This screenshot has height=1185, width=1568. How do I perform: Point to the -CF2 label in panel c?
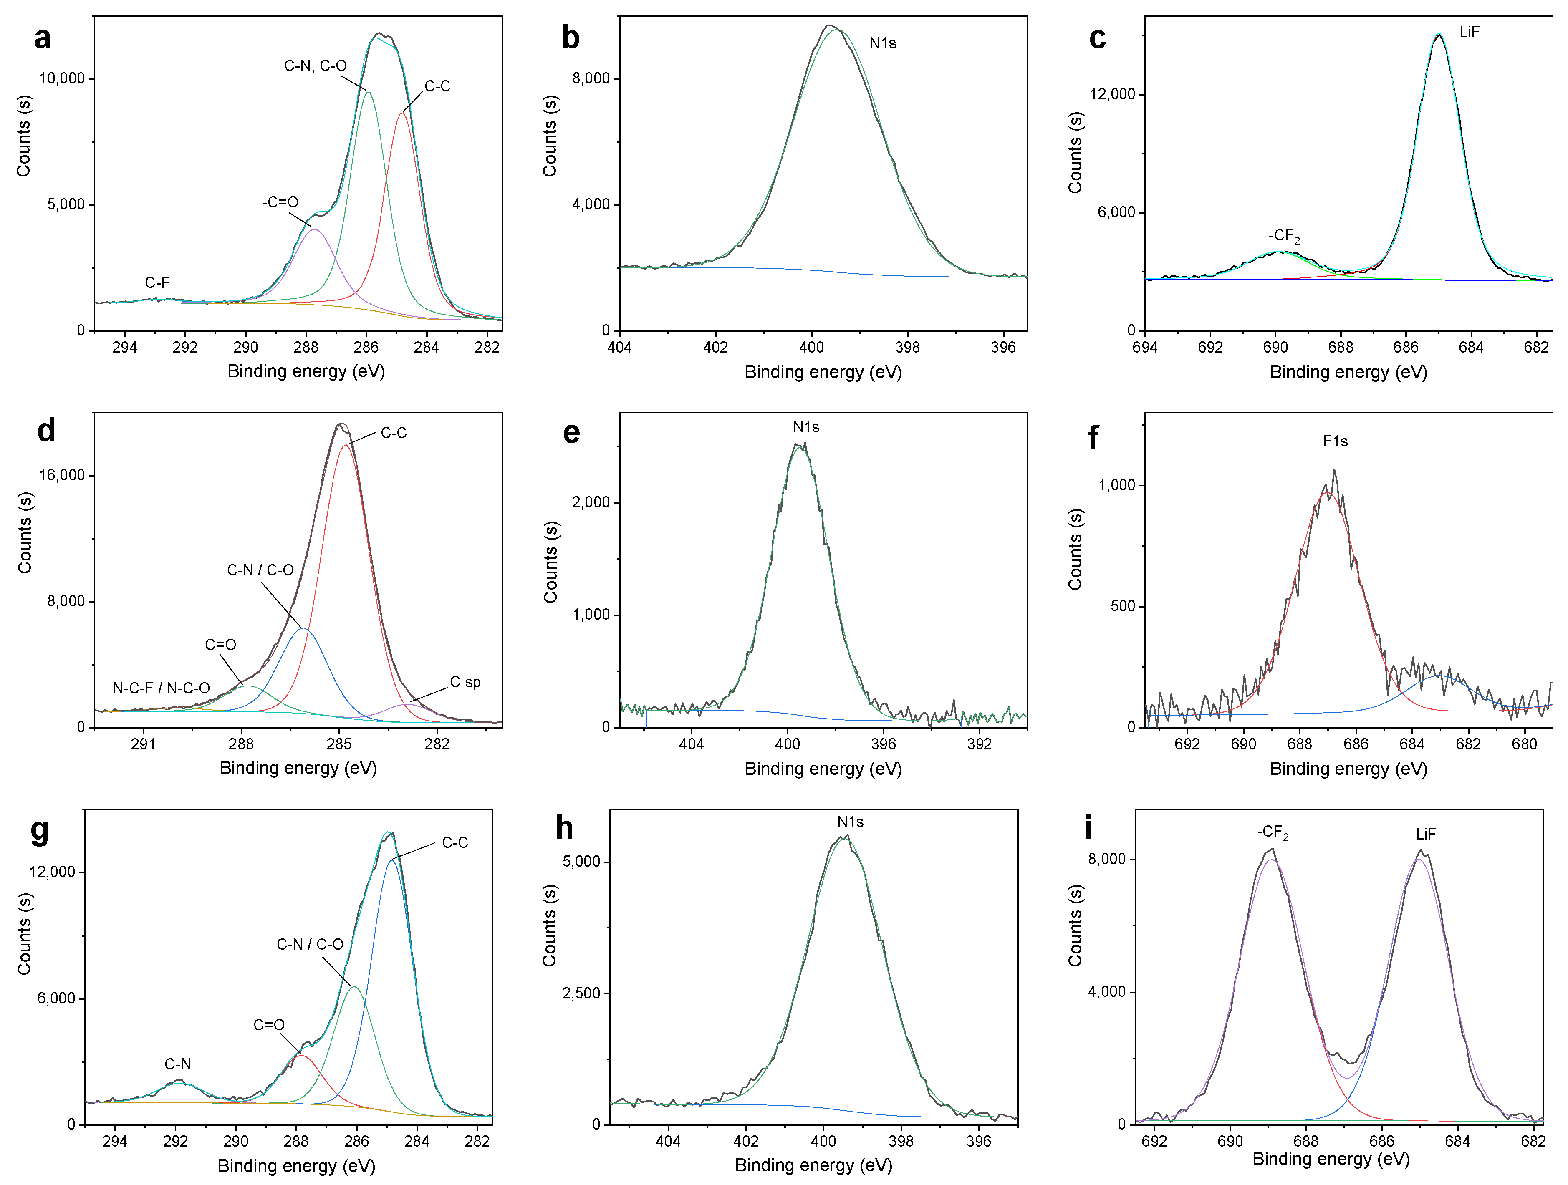[x=1284, y=236]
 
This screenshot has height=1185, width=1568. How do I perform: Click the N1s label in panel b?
[x=883, y=43]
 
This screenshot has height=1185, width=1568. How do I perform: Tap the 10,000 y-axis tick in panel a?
[x=62, y=79]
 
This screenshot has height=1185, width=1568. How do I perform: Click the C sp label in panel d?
[x=465, y=682]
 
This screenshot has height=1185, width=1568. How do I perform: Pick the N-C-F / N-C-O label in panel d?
[x=161, y=688]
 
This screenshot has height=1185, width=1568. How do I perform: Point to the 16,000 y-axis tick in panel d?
[x=62, y=475]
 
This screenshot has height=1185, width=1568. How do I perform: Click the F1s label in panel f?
[x=1335, y=441]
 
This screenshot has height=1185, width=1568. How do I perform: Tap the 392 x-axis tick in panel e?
[x=980, y=744]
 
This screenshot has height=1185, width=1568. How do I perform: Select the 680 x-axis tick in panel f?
[x=1524, y=744]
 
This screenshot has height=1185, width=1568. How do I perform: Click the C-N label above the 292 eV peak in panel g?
[x=177, y=1064]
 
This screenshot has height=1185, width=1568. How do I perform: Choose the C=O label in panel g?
[x=269, y=1025]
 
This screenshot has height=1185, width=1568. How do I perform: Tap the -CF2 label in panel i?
[x=1273, y=832]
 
